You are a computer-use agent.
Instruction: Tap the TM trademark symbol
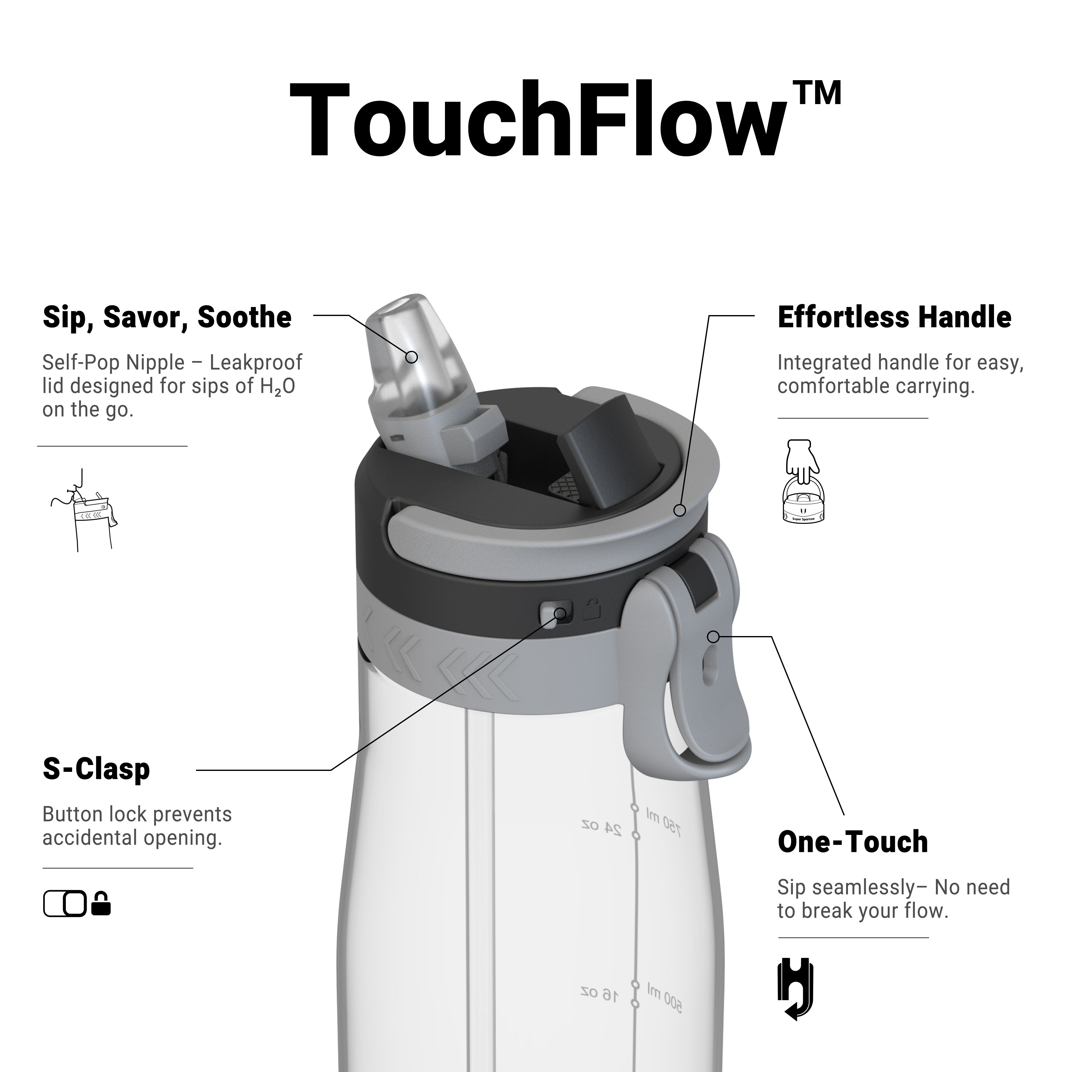pyautogui.click(x=817, y=93)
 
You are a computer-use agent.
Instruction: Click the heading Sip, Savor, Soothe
pyautogui.click(x=167, y=317)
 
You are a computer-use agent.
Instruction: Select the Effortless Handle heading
pyautogui.click(x=895, y=317)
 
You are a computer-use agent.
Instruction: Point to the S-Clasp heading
pyautogui.click(x=97, y=769)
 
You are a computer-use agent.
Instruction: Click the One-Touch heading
pyautogui.click(x=853, y=842)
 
